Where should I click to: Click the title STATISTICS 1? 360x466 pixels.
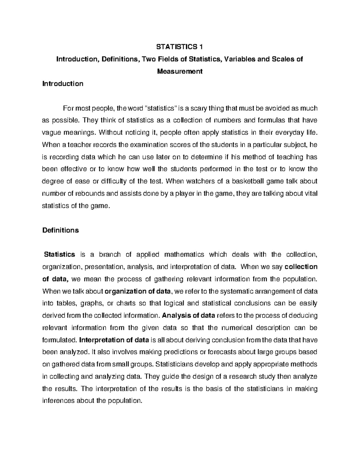(x=180, y=47)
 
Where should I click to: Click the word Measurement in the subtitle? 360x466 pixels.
(x=180, y=71)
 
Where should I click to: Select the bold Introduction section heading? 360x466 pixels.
(x=63, y=84)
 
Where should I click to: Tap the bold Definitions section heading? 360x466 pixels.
(x=61, y=230)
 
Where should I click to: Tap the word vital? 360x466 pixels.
(x=311, y=194)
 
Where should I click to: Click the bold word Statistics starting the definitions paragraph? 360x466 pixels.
(x=59, y=254)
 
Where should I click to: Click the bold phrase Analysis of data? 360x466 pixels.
(x=188, y=316)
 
